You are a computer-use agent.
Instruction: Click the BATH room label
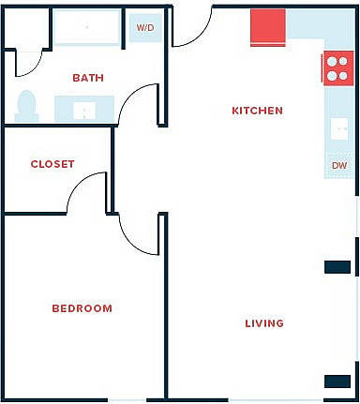coord(88,79)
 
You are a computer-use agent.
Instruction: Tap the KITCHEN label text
coord(257,111)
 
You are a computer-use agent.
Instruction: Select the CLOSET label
coord(52,164)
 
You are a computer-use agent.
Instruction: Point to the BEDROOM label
coord(82,308)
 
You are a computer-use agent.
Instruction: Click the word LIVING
coord(264,323)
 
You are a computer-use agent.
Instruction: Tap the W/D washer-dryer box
coord(145,28)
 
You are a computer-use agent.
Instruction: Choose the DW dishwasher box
coord(338,166)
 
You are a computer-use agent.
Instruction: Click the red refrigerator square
coord(268,27)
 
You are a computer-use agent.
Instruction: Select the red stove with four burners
coord(336,67)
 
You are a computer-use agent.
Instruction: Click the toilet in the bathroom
coord(26,106)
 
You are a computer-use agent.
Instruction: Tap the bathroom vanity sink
coord(84,109)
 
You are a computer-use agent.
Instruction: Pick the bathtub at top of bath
coord(86,28)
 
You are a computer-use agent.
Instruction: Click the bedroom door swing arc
coord(137,234)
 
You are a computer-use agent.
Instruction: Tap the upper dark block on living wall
coord(337,267)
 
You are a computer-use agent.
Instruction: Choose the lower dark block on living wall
coord(337,382)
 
